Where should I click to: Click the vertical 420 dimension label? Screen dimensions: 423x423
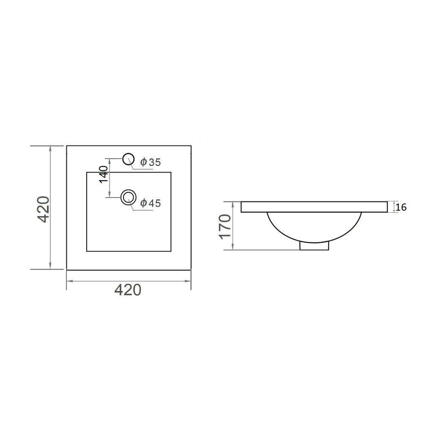tap(43, 209)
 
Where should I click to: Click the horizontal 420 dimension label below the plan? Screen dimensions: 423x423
tap(128, 290)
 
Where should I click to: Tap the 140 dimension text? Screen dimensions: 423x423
tap(104, 175)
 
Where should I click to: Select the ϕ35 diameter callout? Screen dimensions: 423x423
tap(150, 162)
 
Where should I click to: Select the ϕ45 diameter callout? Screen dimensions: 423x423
tap(150, 203)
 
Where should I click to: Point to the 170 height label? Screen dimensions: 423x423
tap(225, 227)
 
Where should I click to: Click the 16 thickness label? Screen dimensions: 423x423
tap(401, 207)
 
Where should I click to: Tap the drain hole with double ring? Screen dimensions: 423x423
tap(129, 190)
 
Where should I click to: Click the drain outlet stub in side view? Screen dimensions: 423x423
tap(314, 246)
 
